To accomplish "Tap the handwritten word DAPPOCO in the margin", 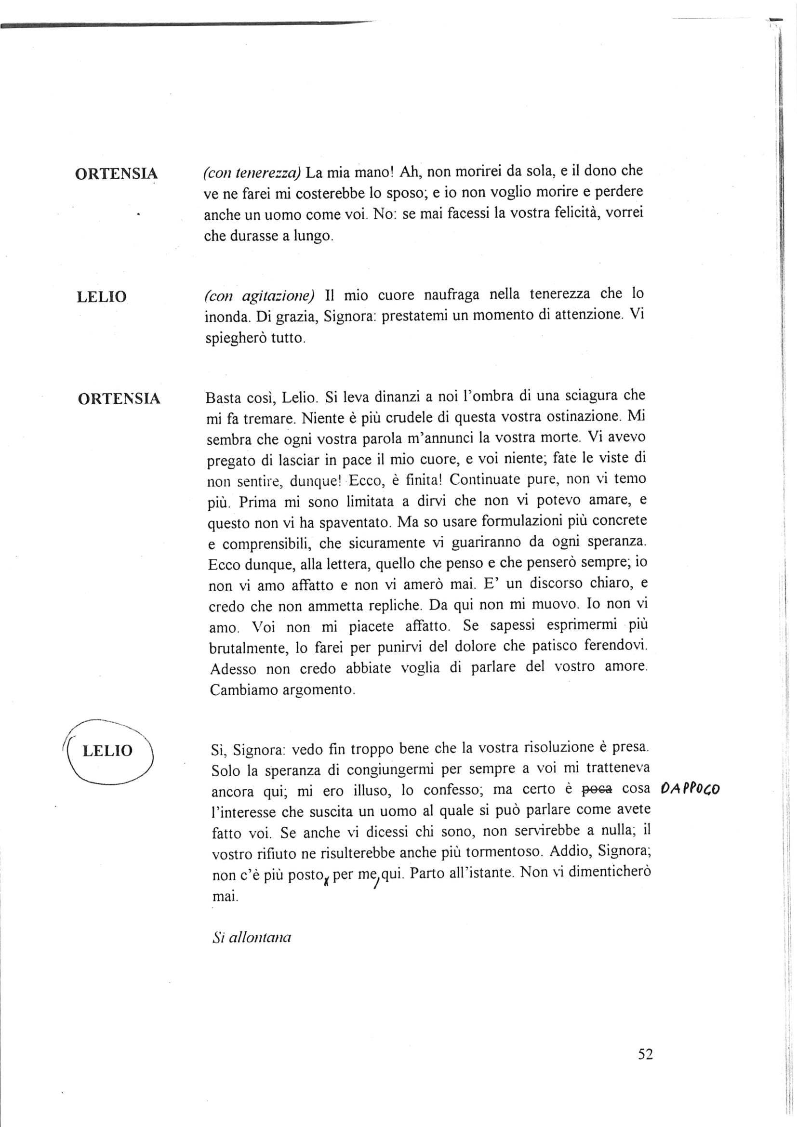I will [690, 790].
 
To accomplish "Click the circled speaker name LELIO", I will [107, 751].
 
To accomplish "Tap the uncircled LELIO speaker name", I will [102, 297].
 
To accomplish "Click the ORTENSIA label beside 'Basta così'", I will [119, 398].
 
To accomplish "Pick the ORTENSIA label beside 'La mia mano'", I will [116, 174].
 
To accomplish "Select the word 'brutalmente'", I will [248, 649].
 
